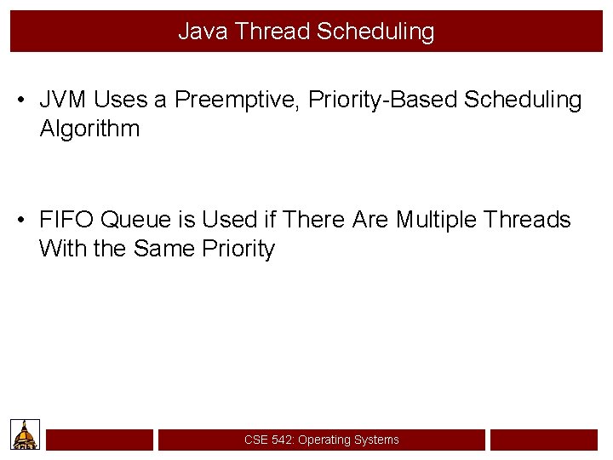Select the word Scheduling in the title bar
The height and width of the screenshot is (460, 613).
375,32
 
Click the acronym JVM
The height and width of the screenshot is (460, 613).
64,100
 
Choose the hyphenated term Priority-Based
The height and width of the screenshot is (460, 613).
383,100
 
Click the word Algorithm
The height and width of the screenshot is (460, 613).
89,129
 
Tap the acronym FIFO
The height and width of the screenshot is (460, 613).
66,220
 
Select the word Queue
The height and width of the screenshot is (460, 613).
136,220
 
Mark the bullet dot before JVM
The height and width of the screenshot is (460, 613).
20,101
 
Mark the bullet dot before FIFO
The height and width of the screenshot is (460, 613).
20,221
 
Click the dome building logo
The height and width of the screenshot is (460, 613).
25,434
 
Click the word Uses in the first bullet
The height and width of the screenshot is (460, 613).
121,100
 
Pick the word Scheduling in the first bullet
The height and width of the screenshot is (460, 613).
523,100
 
